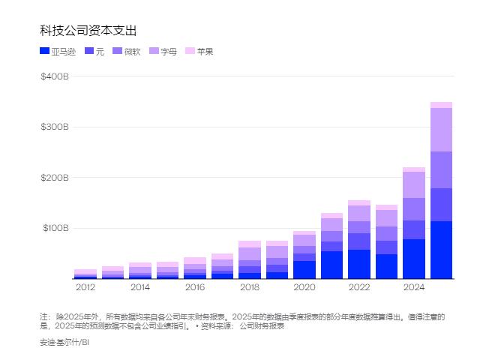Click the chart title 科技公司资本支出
[x=88, y=30]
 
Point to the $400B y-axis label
[x=55, y=77]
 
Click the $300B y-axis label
[x=55, y=127]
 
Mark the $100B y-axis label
[x=55, y=228]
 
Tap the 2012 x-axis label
[x=85, y=286]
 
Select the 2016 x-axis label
[x=195, y=286]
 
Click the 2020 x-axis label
[x=304, y=286]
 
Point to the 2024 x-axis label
[x=414, y=286]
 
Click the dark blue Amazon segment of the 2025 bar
[x=441, y=250]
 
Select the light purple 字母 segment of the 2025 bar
[x=441, y=130]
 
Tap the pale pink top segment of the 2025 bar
[x=441, y=105]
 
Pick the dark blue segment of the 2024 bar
[x=414, y=259]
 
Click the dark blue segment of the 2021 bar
[x=331, y=265]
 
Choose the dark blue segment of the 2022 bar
[x=359, y=264]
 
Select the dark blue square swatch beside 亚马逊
[x=44, y=51]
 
